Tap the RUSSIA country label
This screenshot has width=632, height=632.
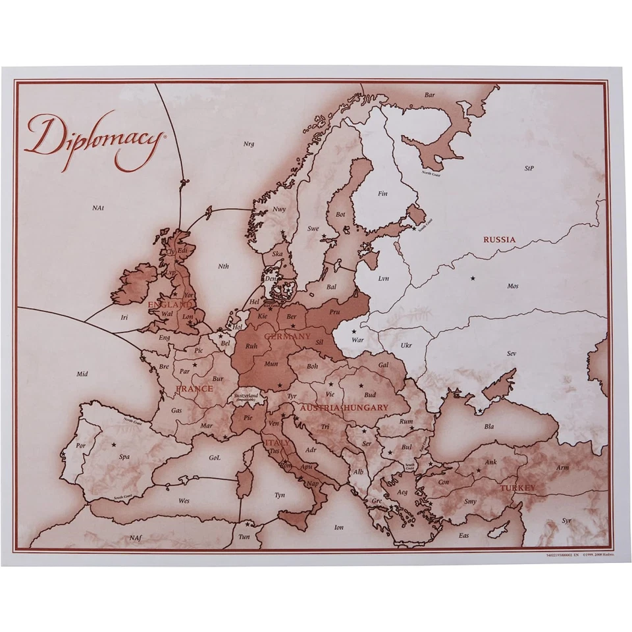pyautogui.click(x=499, y=240)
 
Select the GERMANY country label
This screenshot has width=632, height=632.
pyautogui.click(x=287, y=336)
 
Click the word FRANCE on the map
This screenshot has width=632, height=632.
pyautogui.click(x=194, y=388)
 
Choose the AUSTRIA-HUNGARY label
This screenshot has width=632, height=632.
pyautogui.click(x=344, y=408)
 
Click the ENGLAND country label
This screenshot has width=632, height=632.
pyautogui.click(x=169, y=305)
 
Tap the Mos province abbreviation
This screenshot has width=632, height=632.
pyautogui.click(x=513, y=286)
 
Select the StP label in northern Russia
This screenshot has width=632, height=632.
pyautogui.click(x=529, y=168)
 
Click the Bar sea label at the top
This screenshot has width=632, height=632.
pyautogui.click(x=429, y=95)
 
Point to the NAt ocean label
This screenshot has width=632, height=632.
pyautogui.click(x=98, y=208)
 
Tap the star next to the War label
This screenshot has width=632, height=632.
pyautogui.click(x=354, y=331)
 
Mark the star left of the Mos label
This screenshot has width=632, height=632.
pyautogui.click(x=472, y=278)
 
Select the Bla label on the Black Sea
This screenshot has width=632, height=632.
pyautogui.click(x=489, y=426)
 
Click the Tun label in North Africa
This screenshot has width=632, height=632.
pyautogui.click(x=245, y=537)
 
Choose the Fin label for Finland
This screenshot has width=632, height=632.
pyautogui.click(x=382, y=194)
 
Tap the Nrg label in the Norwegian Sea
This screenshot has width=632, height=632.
pyautogui.click(x=248, y=144)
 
